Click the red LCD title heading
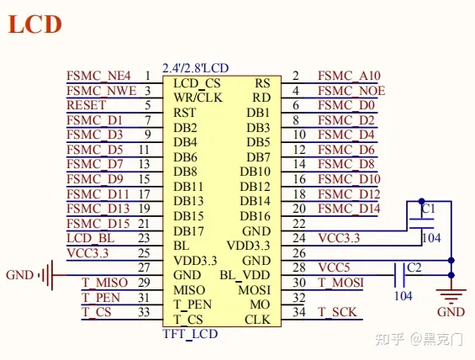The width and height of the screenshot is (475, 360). tap(35, 24)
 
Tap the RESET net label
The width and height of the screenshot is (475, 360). tap(87, 106)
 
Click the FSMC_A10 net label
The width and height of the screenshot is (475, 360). tap(347, 76)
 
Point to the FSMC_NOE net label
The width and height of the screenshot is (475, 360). tap(351, 91)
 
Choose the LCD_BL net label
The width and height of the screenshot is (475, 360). tap(90, 238)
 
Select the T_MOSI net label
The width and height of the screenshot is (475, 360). tap(341, 283)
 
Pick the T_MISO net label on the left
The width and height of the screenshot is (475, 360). tap(105, 283)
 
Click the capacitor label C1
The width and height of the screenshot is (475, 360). tap(429, 207)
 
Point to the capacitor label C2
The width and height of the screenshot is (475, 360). tap(414, 267)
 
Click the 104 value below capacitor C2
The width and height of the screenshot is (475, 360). tap(404, 296)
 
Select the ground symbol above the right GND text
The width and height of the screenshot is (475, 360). tap(452, 294)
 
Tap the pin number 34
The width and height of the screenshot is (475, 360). tap(299, 313)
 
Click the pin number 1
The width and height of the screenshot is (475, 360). tap(147, 76)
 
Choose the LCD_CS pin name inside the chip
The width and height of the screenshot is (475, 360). tap(197, 83)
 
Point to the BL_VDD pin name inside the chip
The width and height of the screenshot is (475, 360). tap(245, 274)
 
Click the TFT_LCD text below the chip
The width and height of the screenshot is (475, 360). tap(190, 334)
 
